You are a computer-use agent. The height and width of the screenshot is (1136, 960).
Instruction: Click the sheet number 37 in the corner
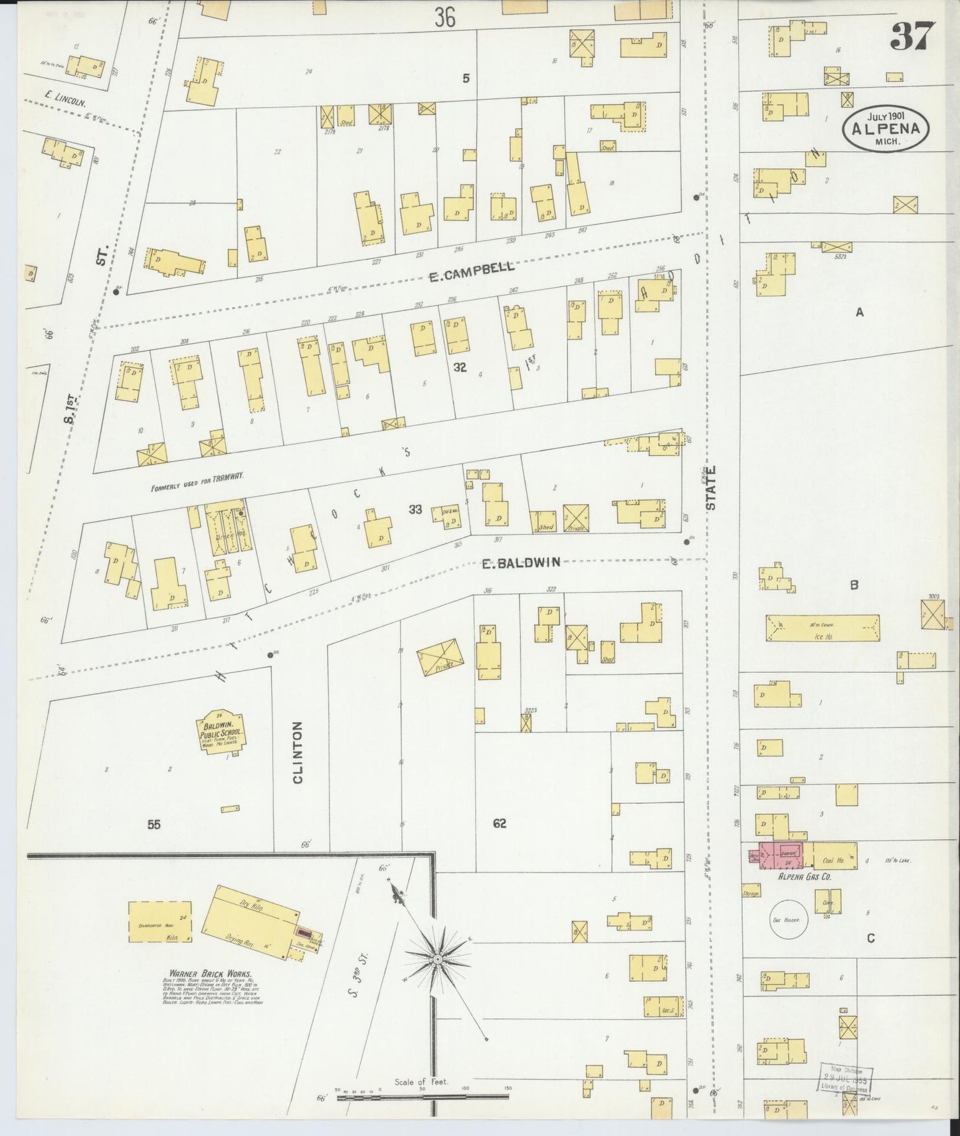(x=912, y=37)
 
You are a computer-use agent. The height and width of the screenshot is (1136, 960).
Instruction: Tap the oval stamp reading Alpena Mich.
(x=886, y=128)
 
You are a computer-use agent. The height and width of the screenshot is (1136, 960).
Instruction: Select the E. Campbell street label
(x=471, y=271)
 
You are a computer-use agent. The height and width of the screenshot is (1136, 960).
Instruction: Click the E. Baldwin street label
(x=520, y=563)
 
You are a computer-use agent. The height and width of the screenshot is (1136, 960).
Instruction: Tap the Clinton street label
(x=297, y=752)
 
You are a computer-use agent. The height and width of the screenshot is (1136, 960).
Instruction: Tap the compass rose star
(x=438, y=960)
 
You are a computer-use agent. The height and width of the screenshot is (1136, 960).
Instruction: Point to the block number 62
(x=500, y=824)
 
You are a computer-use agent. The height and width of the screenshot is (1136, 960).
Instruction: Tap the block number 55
(x=154, y=824)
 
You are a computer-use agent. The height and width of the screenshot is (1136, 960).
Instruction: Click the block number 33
(x=415, y=510)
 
